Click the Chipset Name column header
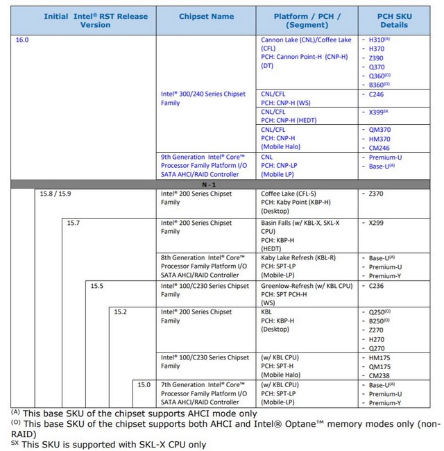pos(206,17)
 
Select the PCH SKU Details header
pos(393,20)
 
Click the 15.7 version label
pos(74,223)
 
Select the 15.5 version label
pos(96,285)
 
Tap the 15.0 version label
pos(144,384)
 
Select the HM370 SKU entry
pos(378,138)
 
